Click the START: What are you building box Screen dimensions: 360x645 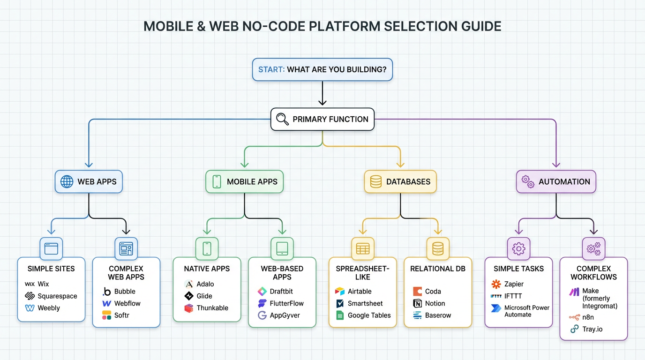click(x=322, y=69)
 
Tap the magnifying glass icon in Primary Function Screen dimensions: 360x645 click(x=282, y=119)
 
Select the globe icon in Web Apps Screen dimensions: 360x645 click(x=67, y=181)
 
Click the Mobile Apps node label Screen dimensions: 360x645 click(x=252, y=181)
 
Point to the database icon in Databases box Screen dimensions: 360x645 click(x=376, y=181)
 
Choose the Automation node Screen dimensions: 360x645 click(x=556, y=181)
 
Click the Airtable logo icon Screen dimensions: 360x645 click(x=340, y=291)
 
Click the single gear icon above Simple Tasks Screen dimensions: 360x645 click(x=518, y=248)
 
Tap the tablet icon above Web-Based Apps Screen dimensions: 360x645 click(x=282, y=248)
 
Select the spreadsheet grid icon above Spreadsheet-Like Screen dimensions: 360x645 click(x=363, y=248)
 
